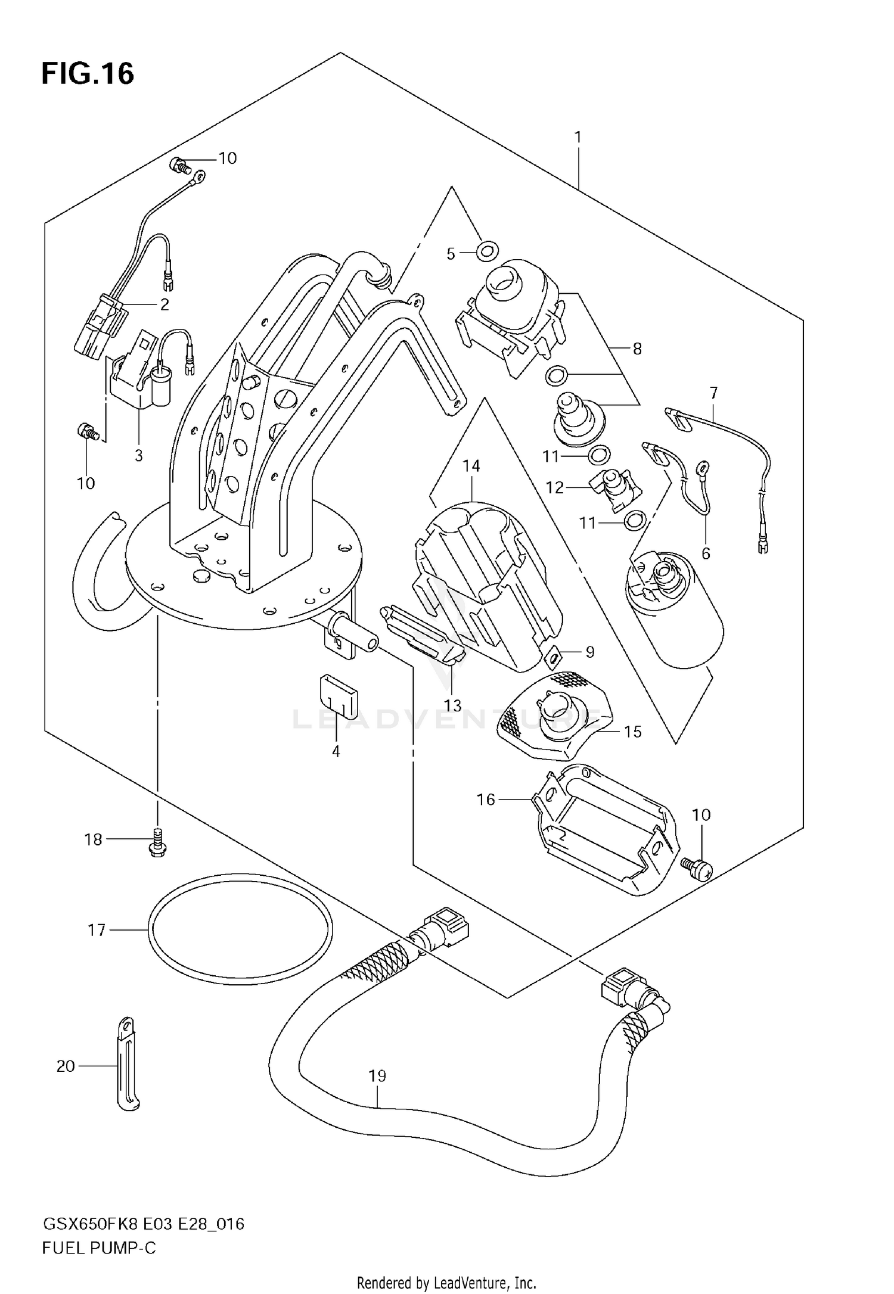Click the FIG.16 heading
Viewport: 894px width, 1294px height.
click(x=88, y=74)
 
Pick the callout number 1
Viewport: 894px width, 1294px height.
click(x=578, y=138)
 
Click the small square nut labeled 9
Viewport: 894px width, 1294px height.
click(x=554, y=658)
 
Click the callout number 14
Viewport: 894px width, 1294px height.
click(x=471, y=466)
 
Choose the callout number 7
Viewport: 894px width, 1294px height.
click(x=713, y=393)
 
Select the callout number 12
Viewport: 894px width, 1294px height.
click(x=554, y=488)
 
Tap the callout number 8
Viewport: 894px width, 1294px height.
click(x=637, y=349)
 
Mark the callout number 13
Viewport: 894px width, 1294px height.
click(x=452, y=706)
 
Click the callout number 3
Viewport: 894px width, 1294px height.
click(x=138, y=456)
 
